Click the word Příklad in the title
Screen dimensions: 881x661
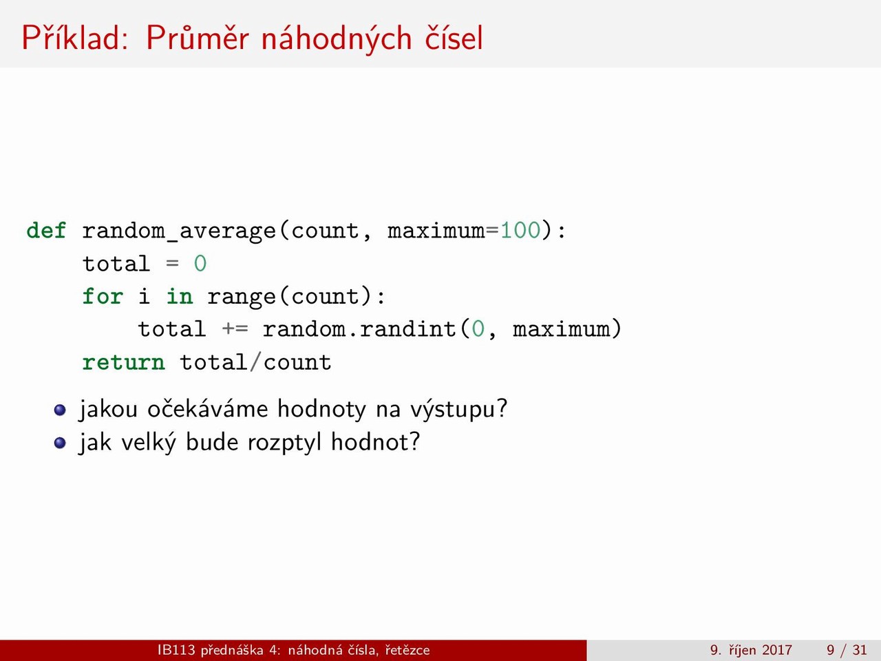(75, 38)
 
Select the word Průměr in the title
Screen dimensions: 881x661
(197, 38)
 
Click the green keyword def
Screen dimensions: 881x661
(46, 231)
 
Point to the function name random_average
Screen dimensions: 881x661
(179, 231)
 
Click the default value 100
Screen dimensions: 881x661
(520, 231)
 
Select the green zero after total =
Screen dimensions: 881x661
(200, 264)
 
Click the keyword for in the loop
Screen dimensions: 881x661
(103, 297)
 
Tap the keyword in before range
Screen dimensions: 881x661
(180, 297)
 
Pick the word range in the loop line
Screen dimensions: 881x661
(242, 297)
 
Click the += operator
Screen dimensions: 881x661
(235, 330)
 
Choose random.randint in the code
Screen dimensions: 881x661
(359, 329)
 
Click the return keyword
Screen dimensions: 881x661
(123, 363)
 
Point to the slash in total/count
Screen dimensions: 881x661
(255, 362)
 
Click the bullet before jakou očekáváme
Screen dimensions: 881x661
(60, 410)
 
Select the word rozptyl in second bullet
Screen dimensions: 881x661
(284, 443)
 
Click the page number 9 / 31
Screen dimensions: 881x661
(847, 649)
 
